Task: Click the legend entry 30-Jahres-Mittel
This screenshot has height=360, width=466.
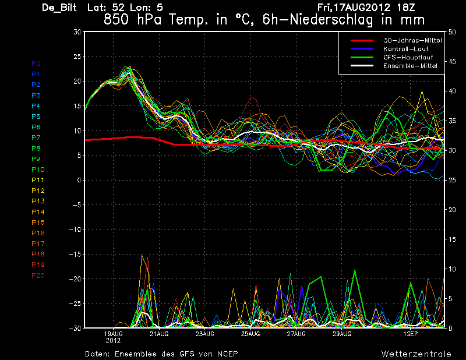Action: point(412,40)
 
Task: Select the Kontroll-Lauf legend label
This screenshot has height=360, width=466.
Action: point(405,49)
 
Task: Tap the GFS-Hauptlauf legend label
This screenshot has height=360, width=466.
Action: point(408,57)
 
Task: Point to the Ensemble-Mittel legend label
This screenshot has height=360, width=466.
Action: point(410,66)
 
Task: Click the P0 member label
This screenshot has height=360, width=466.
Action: point(36,63)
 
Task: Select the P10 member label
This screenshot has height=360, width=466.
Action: point(38,170)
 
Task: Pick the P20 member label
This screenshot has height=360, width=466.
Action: point(38,276)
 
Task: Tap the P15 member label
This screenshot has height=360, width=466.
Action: point(38,223)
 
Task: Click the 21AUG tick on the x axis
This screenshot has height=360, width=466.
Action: point(159,334)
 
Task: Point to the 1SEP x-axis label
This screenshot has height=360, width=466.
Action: point(411,334)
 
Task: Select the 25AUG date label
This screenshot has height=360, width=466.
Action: point(250,334)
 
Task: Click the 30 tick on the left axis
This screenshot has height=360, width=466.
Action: point(77,32)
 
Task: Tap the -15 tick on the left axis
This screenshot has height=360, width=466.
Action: point(75,254)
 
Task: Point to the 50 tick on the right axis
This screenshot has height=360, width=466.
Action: point(452,32)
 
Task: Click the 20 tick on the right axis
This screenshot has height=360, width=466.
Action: point(452,210)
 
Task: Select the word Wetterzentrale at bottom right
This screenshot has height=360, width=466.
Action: point(416,354)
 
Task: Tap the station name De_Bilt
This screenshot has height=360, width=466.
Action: point(59,8)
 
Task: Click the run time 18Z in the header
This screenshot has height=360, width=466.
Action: point(406,7)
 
